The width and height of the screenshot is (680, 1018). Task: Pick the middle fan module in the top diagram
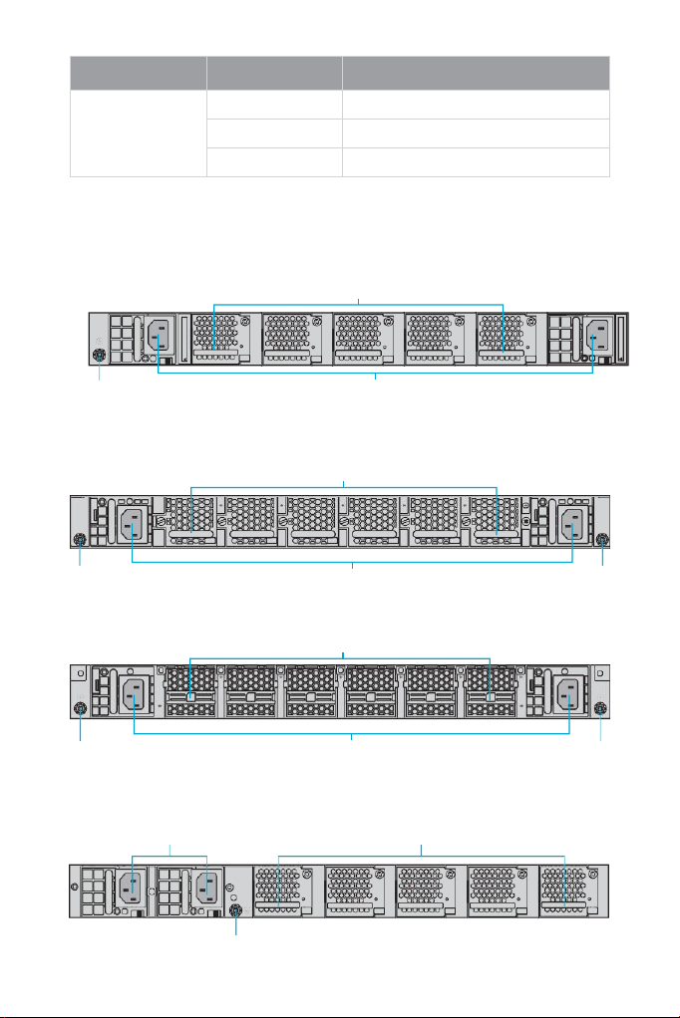366,339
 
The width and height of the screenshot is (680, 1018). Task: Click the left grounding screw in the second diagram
81,540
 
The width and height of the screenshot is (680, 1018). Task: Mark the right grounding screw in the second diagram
601,540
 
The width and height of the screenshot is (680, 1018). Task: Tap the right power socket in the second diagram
573,523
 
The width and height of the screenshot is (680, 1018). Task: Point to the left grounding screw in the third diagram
81,709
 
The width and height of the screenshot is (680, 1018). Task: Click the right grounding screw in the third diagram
601,709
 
